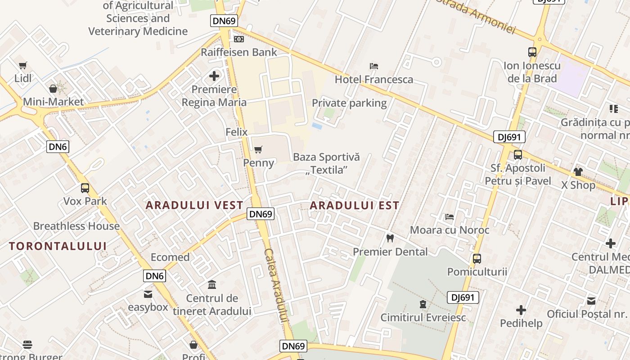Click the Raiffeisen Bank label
(239, 52)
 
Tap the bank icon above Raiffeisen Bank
(239, 40)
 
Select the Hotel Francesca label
(374, 80)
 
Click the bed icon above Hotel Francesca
(374, 66)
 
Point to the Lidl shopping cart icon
(23, 66)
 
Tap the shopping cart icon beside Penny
(258, 149)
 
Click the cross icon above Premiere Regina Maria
(214, 76)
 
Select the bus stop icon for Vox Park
(85, 188)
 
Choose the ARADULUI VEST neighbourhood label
(194, 205)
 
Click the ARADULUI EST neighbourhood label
(355, 206)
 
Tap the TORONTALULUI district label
(58, 246)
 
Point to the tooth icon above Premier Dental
(390, 238)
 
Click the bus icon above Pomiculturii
(477, 259)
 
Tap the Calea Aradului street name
(276, 285)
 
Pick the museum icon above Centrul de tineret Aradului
(212, 285)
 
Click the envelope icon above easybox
(148, 294)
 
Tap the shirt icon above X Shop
(578, 172)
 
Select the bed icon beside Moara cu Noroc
(449, 217)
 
